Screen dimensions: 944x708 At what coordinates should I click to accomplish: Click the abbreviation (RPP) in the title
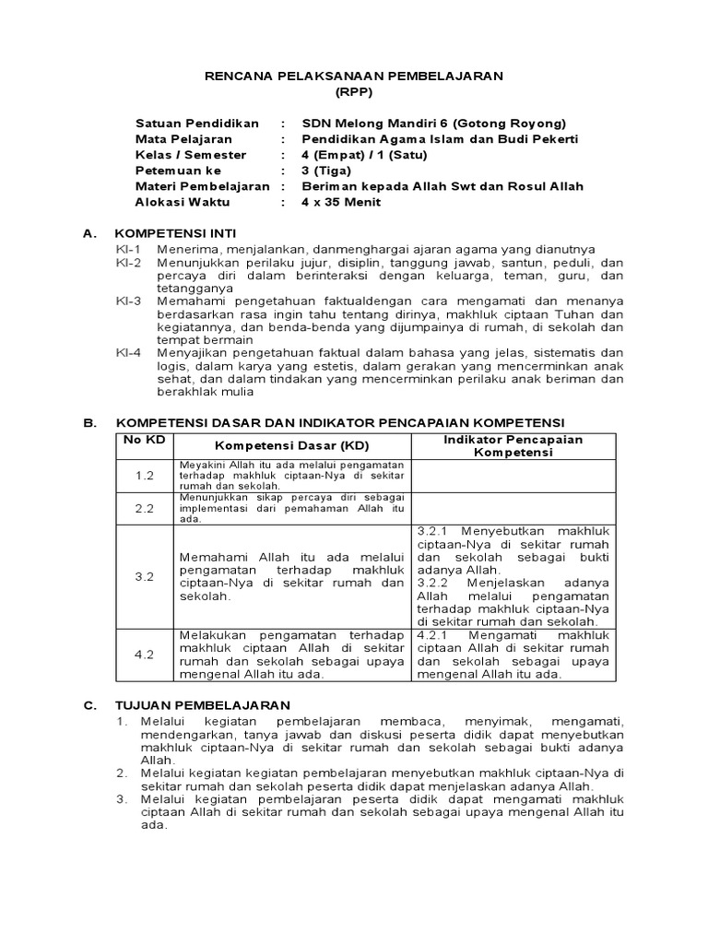click(x=354, y=93)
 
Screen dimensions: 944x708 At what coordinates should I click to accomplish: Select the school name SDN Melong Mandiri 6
click(x=378, y=124)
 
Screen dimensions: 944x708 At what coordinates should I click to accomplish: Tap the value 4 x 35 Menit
click(x=341, y=202)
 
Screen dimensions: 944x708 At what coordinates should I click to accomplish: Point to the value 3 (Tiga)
click(x=327, y=171)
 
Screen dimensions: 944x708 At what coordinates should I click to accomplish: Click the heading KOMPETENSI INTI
click(x=175, y=234)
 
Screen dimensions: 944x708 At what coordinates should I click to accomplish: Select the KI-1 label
click(x=129, y=250)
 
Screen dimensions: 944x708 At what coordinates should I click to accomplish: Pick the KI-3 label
click(x=129, y=301)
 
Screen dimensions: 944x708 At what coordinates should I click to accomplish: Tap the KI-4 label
click(x=129, y=352)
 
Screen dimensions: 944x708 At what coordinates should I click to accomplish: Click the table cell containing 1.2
click(x=144, y=475)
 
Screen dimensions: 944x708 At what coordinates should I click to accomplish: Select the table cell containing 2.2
click(x=144, y=507)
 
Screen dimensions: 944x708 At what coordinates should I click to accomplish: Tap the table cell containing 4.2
click(x=144, y=655)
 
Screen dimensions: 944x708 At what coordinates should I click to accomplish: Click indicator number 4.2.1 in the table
click(x=436, y=635)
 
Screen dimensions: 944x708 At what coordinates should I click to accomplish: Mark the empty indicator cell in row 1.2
click(x=514, y=475)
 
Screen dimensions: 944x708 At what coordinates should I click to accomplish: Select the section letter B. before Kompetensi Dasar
click(x=90, y=422)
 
